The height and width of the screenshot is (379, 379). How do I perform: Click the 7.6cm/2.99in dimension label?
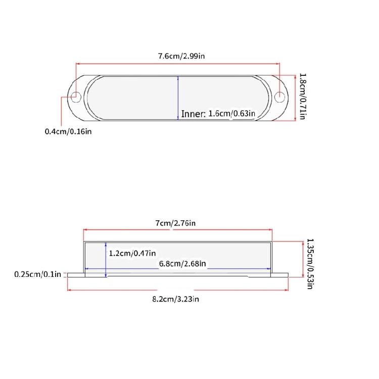pyautogui.click(x=178, y=55)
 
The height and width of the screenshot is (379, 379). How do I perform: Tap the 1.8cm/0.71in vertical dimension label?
pyautogui.click(x=302, y=97)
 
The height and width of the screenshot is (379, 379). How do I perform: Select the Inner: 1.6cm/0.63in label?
pyautogui.click(x=217, y=114)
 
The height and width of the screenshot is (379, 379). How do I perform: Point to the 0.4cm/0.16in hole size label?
pyautogui.click(x=68, y=131)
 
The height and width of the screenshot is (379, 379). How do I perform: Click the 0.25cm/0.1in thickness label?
pyautogui.click(x=38, y=274)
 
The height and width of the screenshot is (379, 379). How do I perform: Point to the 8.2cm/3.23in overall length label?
pyautogui.click(x=176, y=299)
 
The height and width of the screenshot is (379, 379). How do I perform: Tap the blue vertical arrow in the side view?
pyautogui.click(x=106, y=259)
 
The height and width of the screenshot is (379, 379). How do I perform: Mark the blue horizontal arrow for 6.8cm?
pyautogui.click(x=152, y=268)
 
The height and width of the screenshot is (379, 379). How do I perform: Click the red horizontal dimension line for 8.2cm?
pyautogui.click(x=126, y=290)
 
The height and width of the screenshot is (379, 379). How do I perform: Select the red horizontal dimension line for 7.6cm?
pyautogui.click(x=126, y=64)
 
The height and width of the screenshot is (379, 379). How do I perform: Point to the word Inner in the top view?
pyautogui.click(x=193, y=114)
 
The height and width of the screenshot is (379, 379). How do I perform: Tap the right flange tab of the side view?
pyautogui.click(x=281, y=275)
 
